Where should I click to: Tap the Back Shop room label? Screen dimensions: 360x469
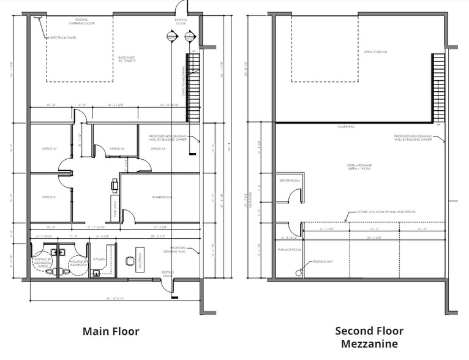click(x=127, y=60)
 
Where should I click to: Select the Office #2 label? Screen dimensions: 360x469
click(x=50, y=149)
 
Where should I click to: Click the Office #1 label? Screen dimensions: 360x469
click(x=50, y=197)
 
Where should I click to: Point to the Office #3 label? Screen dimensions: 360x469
click(x=117, y=149)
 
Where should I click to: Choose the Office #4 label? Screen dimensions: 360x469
click(x=159, y=149)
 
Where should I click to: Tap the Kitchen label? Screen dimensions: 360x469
click(x=99, y=259)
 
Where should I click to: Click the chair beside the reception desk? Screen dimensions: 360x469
click(x=129, y=261)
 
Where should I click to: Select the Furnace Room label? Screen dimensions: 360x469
click(x=290, y=250)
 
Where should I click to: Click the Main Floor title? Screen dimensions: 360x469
click(x=111, y=331)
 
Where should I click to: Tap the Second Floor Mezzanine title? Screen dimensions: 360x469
click(x=369, y=337)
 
